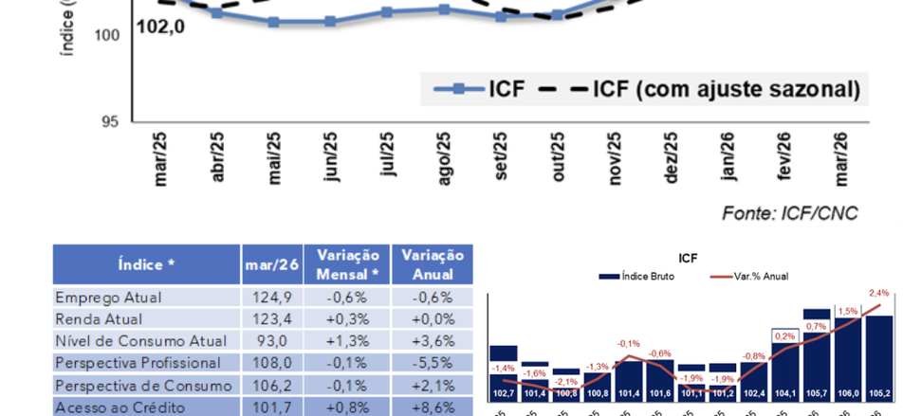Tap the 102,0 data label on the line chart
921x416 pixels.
point(160,27)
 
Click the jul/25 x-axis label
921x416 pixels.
point(387,154)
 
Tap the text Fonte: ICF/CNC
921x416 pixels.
point(789,212)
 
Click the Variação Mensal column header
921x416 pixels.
point(347,264)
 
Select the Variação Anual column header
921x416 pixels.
point(432,264)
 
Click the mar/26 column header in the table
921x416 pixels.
point(272,264)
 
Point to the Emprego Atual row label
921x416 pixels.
point(108,298)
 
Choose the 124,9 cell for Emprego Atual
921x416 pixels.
point(272,298)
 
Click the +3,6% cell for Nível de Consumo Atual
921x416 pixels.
point(432,341)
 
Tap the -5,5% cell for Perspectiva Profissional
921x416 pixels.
point(432,363)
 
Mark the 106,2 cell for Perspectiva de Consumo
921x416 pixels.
point(272,385)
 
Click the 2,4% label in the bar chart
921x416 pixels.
point(879,293)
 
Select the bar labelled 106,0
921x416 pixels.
point(848,359)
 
